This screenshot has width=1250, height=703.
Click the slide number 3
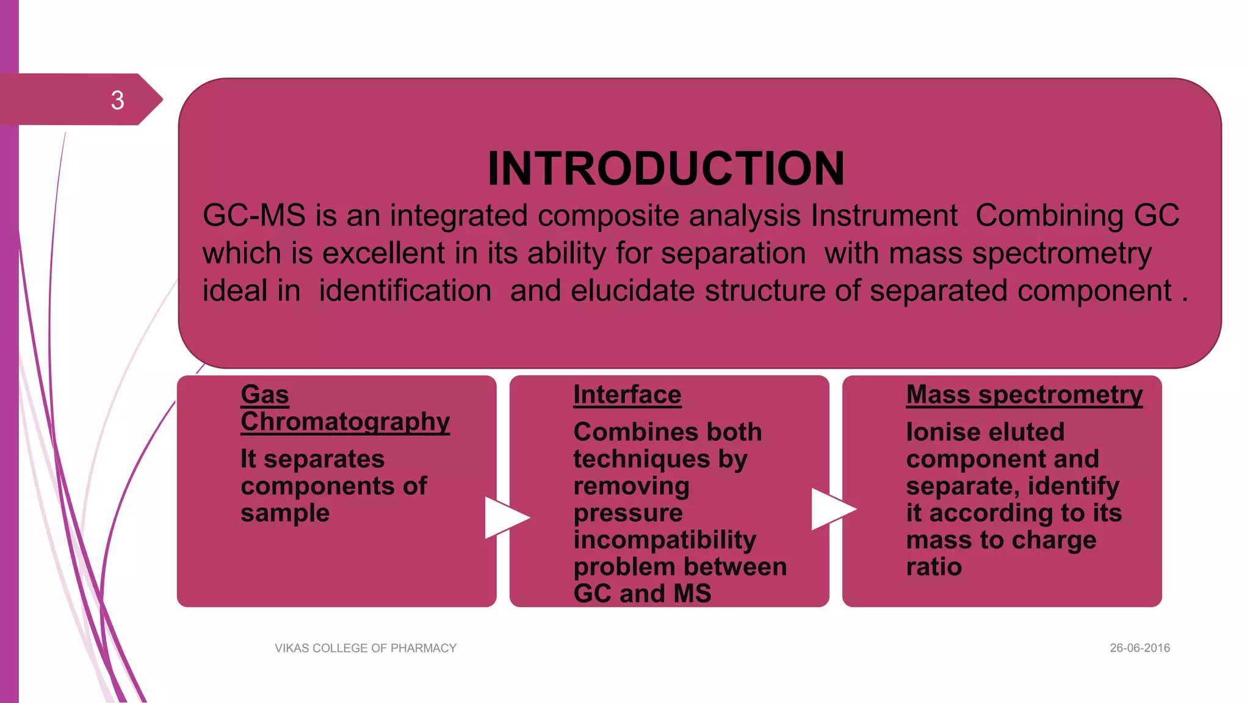118,100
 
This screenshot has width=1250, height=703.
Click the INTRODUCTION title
666,168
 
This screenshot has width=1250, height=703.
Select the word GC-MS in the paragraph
254,215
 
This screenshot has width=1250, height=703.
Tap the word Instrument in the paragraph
884,215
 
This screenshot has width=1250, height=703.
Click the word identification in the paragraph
405,291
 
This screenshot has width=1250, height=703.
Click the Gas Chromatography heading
345,408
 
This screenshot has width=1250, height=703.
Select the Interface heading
627,395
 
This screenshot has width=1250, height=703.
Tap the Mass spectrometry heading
1024,395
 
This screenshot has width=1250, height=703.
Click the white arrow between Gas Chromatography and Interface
506,517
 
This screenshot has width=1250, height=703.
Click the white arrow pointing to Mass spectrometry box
833,509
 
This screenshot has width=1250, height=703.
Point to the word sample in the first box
285,513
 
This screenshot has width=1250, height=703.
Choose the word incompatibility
665,540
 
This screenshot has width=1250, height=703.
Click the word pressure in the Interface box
628,513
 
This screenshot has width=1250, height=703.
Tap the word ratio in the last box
934,567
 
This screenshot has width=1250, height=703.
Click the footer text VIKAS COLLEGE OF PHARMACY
366,648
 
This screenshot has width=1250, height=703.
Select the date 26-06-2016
1140,648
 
